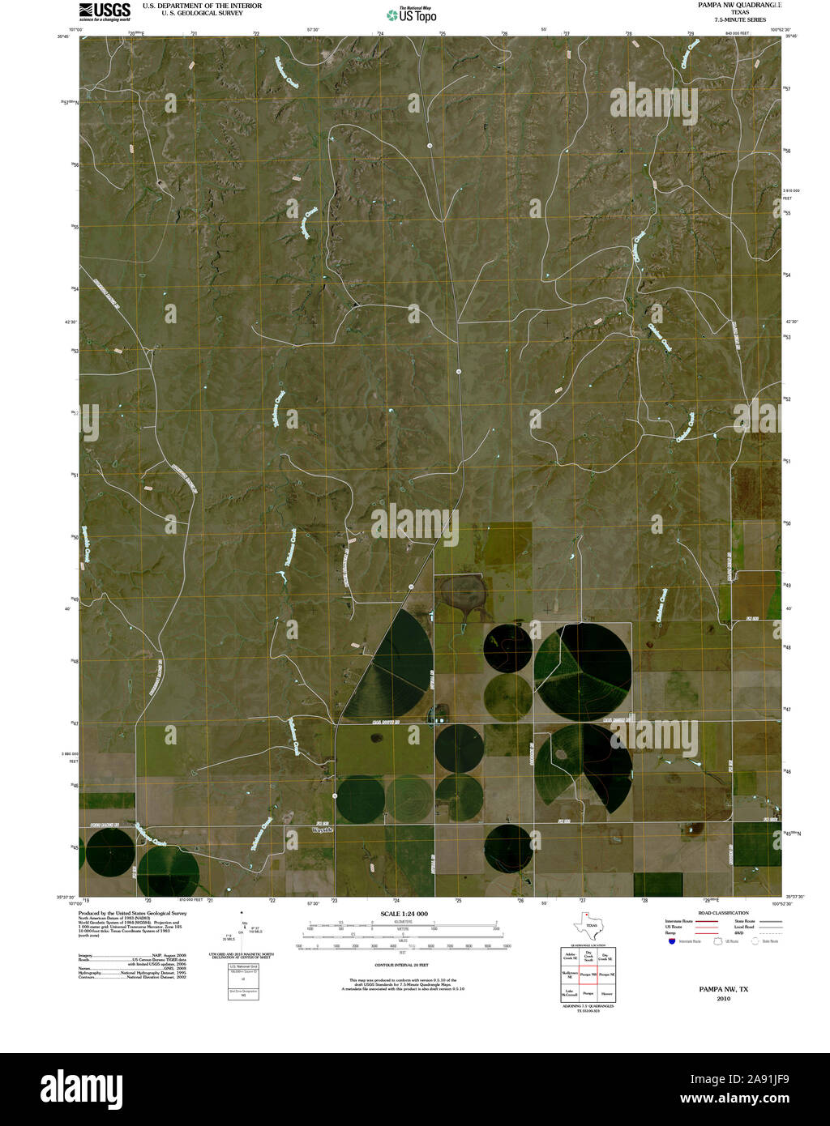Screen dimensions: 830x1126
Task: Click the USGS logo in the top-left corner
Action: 105,11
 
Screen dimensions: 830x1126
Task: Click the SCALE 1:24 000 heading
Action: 404,914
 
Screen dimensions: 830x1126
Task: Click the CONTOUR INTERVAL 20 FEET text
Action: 401,965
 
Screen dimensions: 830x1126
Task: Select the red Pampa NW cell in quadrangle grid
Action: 588,974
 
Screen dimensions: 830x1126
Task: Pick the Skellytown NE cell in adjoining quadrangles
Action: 570,974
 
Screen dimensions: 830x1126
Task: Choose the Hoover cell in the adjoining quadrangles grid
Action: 606,992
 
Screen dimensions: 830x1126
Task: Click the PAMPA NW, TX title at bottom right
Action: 723,989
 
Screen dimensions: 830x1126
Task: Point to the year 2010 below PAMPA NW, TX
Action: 723,999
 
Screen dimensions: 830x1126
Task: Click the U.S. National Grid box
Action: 242,966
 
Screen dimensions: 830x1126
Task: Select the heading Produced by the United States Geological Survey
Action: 132,913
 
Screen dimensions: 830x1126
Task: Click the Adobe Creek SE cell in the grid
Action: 570,956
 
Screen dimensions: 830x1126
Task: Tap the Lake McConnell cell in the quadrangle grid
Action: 570,992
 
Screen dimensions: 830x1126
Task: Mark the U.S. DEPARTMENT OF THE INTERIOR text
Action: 202,6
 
